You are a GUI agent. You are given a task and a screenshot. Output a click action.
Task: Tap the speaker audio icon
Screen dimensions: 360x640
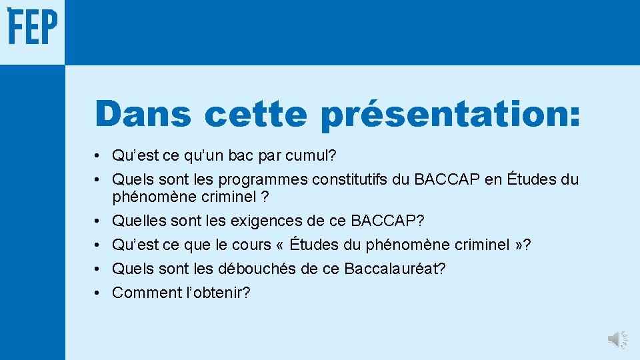[x=617, y=339]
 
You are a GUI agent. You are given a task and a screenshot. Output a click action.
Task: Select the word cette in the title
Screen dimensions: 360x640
[x=256, y=114]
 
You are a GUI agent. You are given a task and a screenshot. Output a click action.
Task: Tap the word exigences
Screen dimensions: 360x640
[x=279, y=221]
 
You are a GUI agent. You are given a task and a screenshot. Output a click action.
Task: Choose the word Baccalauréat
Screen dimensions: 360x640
[x=395, y=269]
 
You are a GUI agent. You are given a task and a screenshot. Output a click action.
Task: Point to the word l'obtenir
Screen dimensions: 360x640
[x=217, y=293]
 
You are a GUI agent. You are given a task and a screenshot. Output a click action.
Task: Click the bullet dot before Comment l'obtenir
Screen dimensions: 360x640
[x=97, y=293]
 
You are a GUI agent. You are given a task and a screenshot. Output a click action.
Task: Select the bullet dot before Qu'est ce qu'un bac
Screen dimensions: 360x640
[x=97, y=157]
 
